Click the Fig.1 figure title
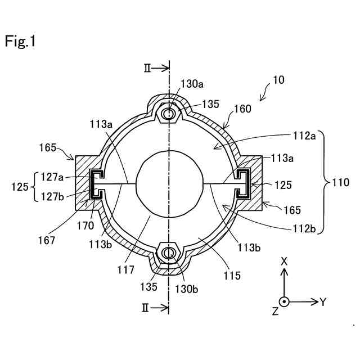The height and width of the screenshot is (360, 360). tap(20, 42)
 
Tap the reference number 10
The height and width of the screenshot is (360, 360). tap(278, 80)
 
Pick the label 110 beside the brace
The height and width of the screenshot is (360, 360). tap(341, 182)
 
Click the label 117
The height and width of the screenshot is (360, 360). tap(126, 270)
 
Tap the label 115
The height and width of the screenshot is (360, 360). tap(231, 276)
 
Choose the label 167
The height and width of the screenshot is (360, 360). tap(47, 240)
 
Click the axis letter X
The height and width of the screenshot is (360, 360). tap(284, 261)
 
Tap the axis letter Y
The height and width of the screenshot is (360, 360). tap(323, 302)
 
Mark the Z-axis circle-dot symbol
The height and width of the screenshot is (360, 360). tap(285, 301)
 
